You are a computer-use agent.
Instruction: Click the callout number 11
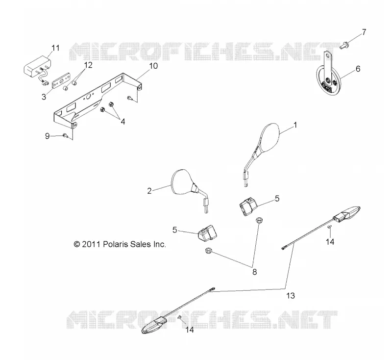55,48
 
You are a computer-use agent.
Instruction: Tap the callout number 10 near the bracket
153,66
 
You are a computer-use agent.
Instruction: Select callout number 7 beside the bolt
364,32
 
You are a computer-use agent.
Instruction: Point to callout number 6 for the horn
358,69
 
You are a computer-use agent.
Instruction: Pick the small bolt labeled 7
344,46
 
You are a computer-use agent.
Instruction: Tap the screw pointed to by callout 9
66,135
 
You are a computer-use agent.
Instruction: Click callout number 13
291,296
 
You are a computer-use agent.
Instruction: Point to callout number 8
254,272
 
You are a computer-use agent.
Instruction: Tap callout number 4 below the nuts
122,122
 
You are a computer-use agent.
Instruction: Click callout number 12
88,65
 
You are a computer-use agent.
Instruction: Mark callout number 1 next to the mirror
295,125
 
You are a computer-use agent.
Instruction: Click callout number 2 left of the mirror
149,191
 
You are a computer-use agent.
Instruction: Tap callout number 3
44,97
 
